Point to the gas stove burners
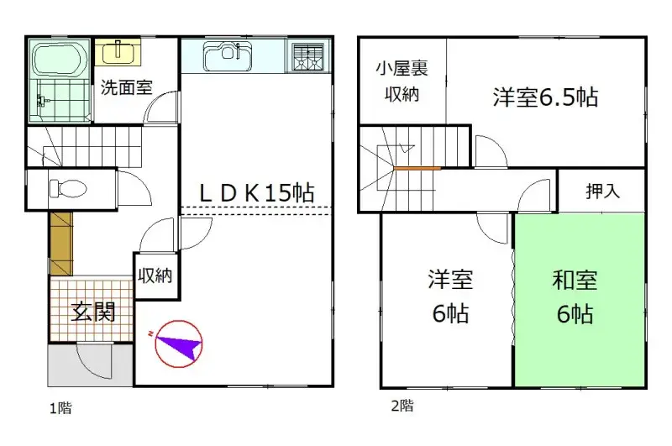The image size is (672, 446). (x=310, y=57)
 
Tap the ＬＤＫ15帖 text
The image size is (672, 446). (x=255, y=192)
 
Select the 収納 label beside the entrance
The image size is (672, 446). (x=155, y=275)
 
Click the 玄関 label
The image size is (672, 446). (x=90, y=312)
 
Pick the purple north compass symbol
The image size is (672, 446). (x=179, y=343)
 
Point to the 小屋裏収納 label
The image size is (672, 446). (x=402, y=82)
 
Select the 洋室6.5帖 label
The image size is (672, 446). (x=545, y=97)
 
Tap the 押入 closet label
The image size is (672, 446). (x=602, y=191)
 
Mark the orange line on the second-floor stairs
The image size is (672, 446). (x=417, y=168)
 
